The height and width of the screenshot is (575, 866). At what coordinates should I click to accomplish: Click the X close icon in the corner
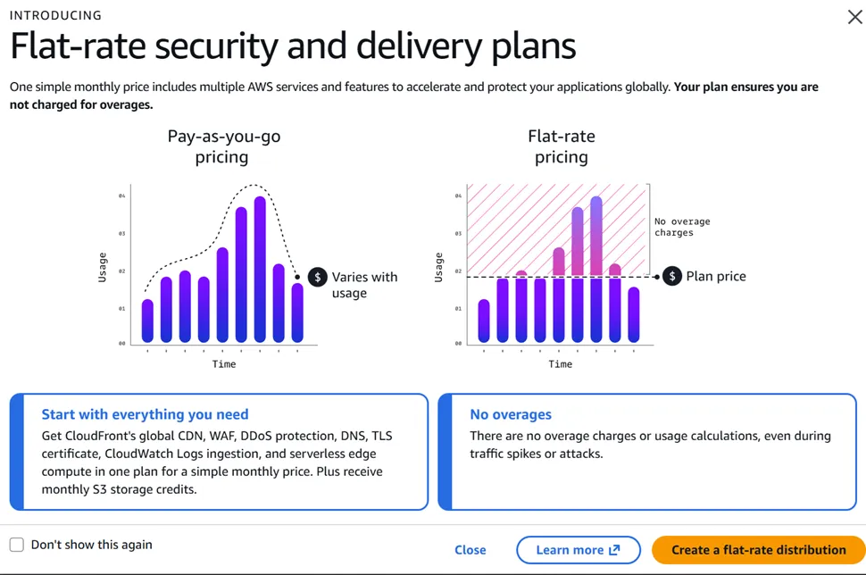(x=854, y=17)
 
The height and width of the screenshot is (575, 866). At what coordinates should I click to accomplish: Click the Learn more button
(x=578, y=550)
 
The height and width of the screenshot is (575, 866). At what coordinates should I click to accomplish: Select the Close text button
(x=470, y=550)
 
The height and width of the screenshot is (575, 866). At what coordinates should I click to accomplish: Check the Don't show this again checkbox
(x=17, y=545)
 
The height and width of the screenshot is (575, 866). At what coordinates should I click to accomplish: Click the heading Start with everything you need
(x=145, y=414)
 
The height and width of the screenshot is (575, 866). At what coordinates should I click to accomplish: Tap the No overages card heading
(x=511, y=414)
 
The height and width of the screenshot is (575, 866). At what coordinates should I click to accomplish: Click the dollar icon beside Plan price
(x=672, y=277)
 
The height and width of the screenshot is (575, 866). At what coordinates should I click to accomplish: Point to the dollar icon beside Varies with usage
(x=317, y=278)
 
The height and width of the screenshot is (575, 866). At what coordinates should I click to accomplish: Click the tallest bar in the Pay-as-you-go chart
(x=260, y=268)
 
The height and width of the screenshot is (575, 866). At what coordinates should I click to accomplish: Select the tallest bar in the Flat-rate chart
(x=596, y=268)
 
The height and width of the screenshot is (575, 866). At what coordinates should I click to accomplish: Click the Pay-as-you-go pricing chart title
(x=222, y=146)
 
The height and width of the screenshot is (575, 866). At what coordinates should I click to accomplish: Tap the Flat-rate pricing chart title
(x=561, y=146)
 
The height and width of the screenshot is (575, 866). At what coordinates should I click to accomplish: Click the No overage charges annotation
(x=682, y=227)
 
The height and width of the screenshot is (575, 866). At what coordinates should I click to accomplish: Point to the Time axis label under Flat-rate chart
(x=560, y=364)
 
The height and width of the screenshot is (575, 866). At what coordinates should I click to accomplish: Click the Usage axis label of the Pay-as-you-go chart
(x=103, y=268)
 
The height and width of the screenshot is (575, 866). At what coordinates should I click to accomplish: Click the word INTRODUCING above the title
(x=55, y=15)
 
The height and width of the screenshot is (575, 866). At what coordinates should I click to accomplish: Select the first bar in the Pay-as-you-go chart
(x=148, y=321)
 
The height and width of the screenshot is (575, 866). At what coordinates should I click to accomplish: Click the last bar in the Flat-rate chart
(x=634, y=314)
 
